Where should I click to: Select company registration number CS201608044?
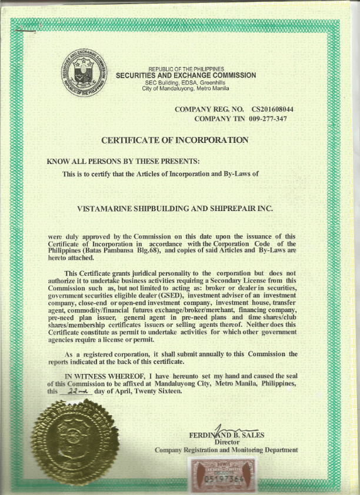272,110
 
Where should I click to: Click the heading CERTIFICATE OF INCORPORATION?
175,140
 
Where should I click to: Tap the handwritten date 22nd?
77,390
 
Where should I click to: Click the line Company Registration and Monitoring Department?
226,450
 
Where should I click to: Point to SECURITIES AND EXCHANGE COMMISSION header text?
186,75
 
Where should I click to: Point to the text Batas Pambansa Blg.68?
128,250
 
